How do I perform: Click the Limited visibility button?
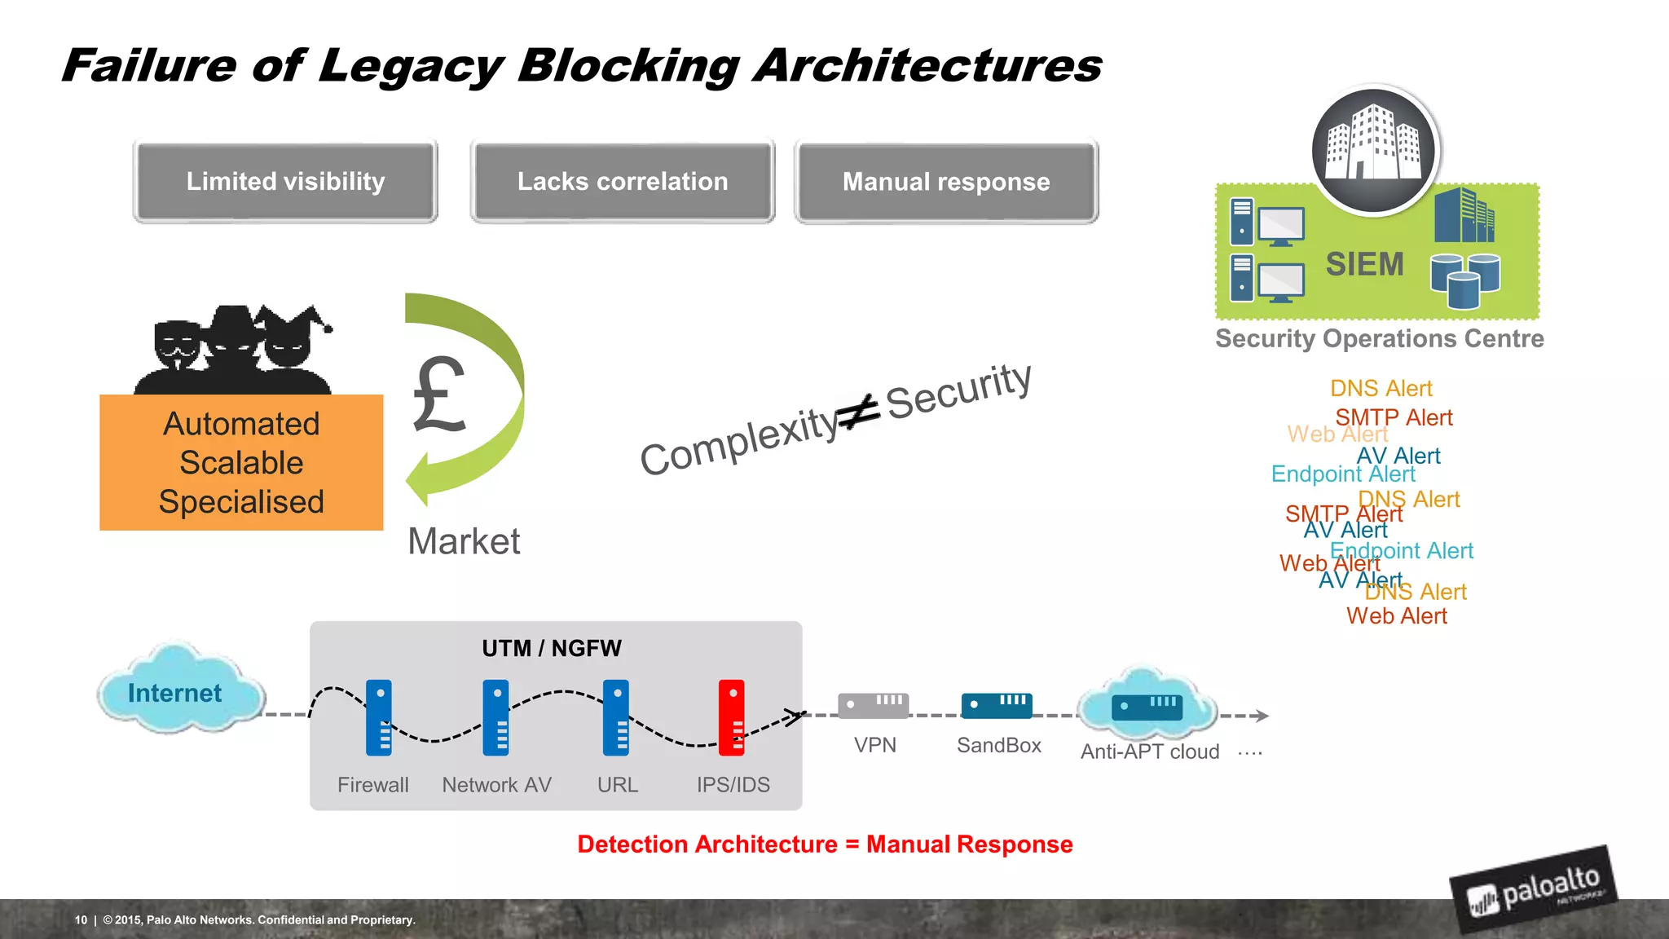[285, 181]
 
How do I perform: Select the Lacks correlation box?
[623, 181]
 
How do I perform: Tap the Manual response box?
[946, 181]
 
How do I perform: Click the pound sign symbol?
[438, 395]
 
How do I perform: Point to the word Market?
[464, 541]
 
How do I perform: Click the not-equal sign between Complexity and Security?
[861, 412]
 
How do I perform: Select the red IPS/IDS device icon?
[731, 717]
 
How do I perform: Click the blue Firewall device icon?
[379, 717]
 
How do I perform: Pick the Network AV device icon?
[495, 717]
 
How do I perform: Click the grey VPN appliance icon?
[873, 705]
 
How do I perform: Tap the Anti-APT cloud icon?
[1147, 705]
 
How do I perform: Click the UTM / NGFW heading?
[552, 649]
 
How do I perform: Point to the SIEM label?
[1364, 264]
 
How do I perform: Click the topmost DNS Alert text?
[1381, 388]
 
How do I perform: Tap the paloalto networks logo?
[1534, 889]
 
